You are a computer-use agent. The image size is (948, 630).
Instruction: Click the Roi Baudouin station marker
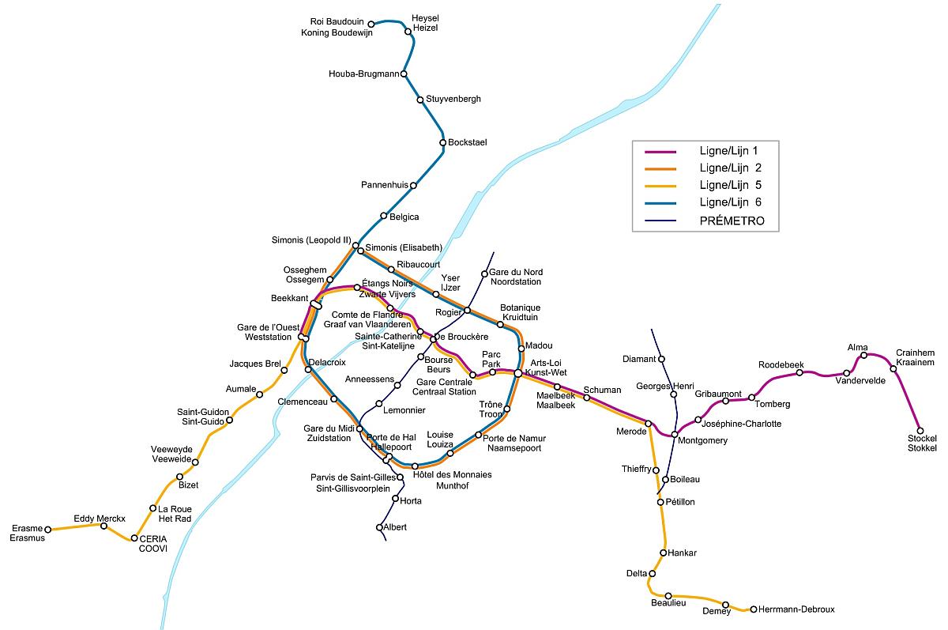click(x=371, y=25)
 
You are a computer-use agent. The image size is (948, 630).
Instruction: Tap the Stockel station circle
click(x=920, y=431)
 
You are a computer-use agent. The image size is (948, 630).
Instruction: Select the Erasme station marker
click(x=48, y=530)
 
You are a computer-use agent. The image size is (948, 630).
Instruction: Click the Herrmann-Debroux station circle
click(x=754, y=609)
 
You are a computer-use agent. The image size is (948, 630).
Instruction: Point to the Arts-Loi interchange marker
click(x=518, y=373)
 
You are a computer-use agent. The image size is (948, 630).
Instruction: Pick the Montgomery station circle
click(x=675, y=435)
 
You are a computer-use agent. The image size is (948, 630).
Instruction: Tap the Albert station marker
click(x=379, y=527)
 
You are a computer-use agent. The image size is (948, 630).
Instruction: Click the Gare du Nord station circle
click(x=484, y=274)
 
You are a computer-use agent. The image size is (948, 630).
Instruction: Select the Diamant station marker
click(x=661, y=359)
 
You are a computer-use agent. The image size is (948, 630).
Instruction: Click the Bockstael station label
click(x=467, y=142)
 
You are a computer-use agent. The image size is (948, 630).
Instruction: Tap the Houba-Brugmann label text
click(x=364, y=74)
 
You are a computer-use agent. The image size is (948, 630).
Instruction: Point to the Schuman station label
click(x=602, y=390)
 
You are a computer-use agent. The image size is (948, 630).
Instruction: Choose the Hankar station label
click(x=682, y=553)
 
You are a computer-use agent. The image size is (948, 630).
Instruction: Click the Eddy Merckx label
click(x=100, y=519)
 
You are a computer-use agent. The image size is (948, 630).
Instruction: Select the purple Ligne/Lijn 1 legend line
click(x=660, y=152)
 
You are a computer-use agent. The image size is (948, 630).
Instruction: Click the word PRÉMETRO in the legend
click(x=732, y=221)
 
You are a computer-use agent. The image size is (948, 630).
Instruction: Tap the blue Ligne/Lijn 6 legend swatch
click(x=660, y=203)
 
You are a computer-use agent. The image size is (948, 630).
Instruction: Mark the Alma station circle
click(x=863, y=355)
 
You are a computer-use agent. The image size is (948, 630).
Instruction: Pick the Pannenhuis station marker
click(x=413, y=185)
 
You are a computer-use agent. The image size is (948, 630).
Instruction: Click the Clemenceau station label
click(x=303, y=402)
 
